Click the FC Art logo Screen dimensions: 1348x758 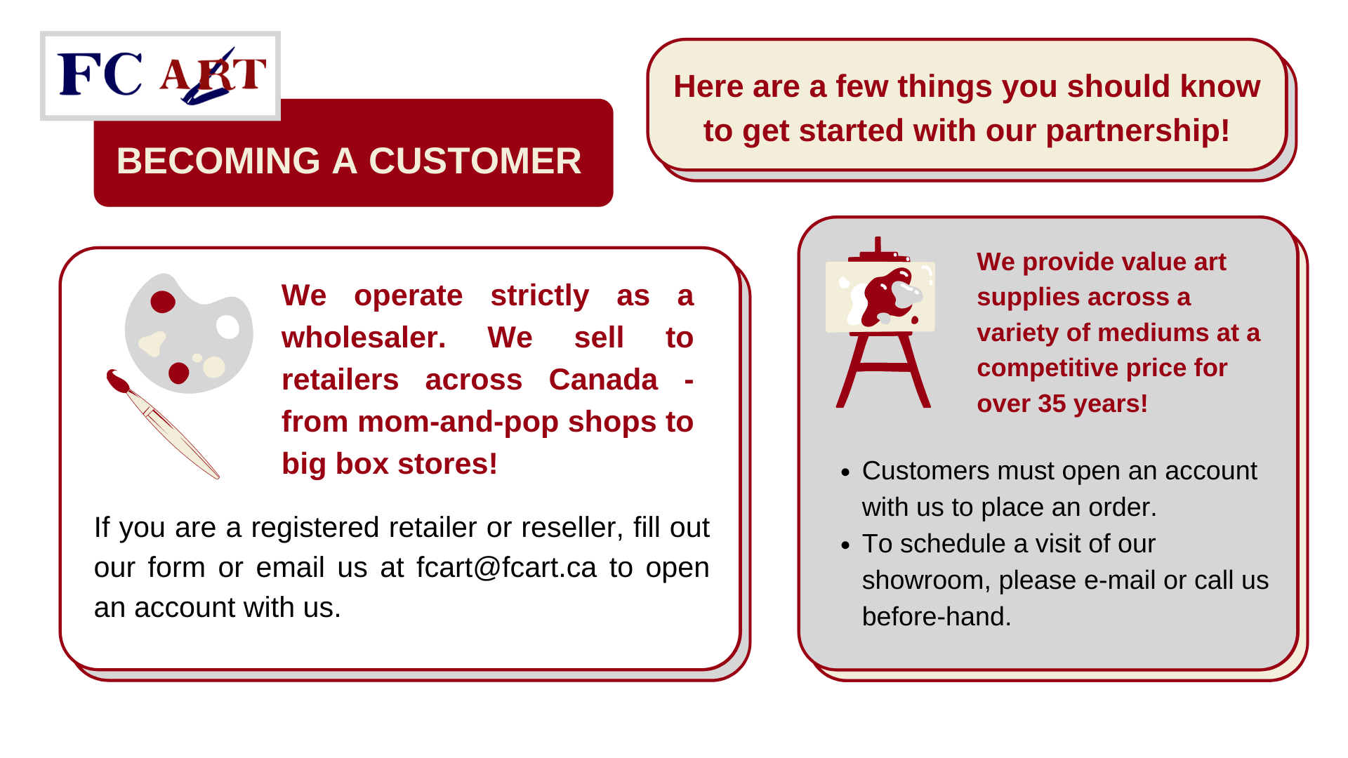coord(161,76)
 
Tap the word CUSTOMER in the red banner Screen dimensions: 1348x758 coord(475,161)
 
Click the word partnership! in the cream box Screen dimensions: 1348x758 coord(1137,131)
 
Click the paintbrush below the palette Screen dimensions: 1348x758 coord(163,424)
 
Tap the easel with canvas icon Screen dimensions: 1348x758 coord(881,322)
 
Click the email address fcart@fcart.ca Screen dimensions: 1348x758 coord(506,568)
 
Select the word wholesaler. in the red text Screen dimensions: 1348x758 coord(364,338)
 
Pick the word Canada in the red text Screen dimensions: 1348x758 coord(603,380)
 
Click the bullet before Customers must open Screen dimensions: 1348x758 coord(845,472)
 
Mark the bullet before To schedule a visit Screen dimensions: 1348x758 coord(845,545)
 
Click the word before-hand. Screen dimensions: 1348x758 coord(937,617)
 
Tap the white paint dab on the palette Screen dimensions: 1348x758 coord(228,327)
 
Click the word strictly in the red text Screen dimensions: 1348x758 coord(539,296)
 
